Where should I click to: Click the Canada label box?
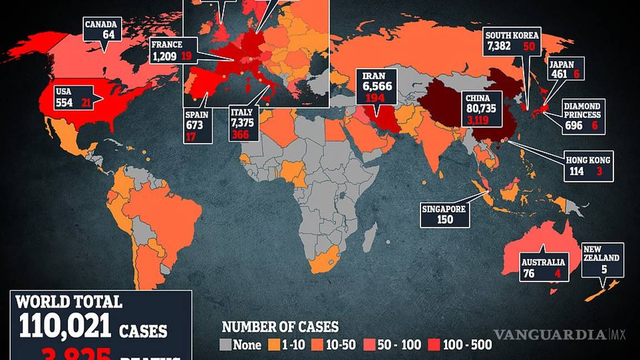pos(102,29)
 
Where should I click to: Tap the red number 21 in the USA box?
pos(86,103)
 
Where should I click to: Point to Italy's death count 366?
pos(242,135)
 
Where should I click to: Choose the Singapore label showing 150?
pos(445,214)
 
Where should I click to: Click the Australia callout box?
pos(543,267)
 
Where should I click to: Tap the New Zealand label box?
pos(603,259)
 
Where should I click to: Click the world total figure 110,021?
pos(65,326)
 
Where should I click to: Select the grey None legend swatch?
pos(226,344)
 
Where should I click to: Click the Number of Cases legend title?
pos(280,327)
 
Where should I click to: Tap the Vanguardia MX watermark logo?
pos(559,334)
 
